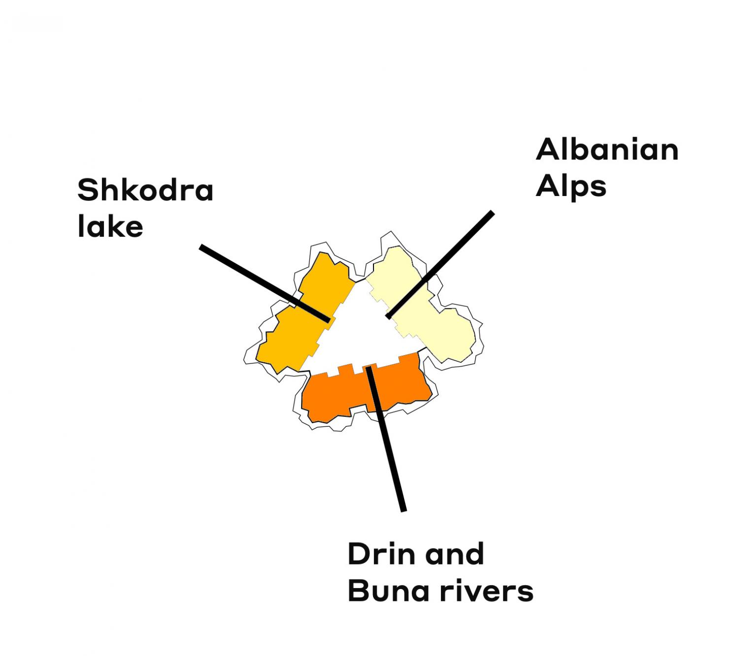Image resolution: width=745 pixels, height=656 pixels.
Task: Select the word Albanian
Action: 607,149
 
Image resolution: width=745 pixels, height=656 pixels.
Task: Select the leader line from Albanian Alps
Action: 440,264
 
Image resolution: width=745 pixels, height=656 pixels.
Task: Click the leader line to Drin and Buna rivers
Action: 386,439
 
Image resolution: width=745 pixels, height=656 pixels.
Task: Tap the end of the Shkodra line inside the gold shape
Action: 328,321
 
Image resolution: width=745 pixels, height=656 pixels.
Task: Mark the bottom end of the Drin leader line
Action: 404,511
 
